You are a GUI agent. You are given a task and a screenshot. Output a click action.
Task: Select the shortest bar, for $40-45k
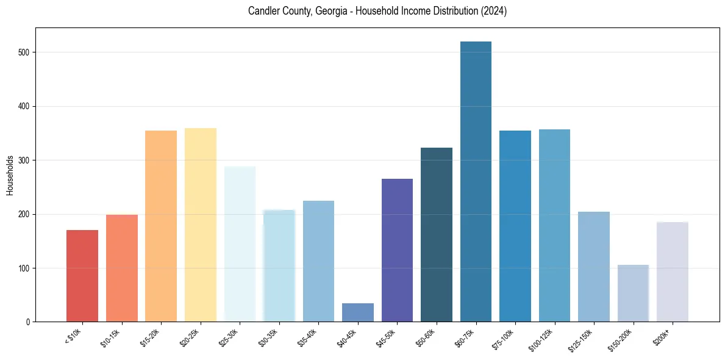click(358, 312)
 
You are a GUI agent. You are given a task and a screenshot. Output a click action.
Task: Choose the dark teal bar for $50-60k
click(437, 235)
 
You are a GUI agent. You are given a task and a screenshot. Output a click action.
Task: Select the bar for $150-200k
click(633, 293)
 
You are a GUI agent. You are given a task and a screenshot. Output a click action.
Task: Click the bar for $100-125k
click(554, 226)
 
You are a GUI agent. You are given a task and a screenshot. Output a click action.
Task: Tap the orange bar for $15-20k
click(161, 226)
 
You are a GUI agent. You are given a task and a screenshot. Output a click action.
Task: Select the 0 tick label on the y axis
click(28, 322)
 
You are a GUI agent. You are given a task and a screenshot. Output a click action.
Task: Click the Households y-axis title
click(10, 175)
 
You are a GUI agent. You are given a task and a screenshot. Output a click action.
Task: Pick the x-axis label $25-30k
click(229, 337)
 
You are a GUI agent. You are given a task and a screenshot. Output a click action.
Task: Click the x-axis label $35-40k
click(308, 337)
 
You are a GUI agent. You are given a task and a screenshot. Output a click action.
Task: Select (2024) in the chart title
click(495, 11)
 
